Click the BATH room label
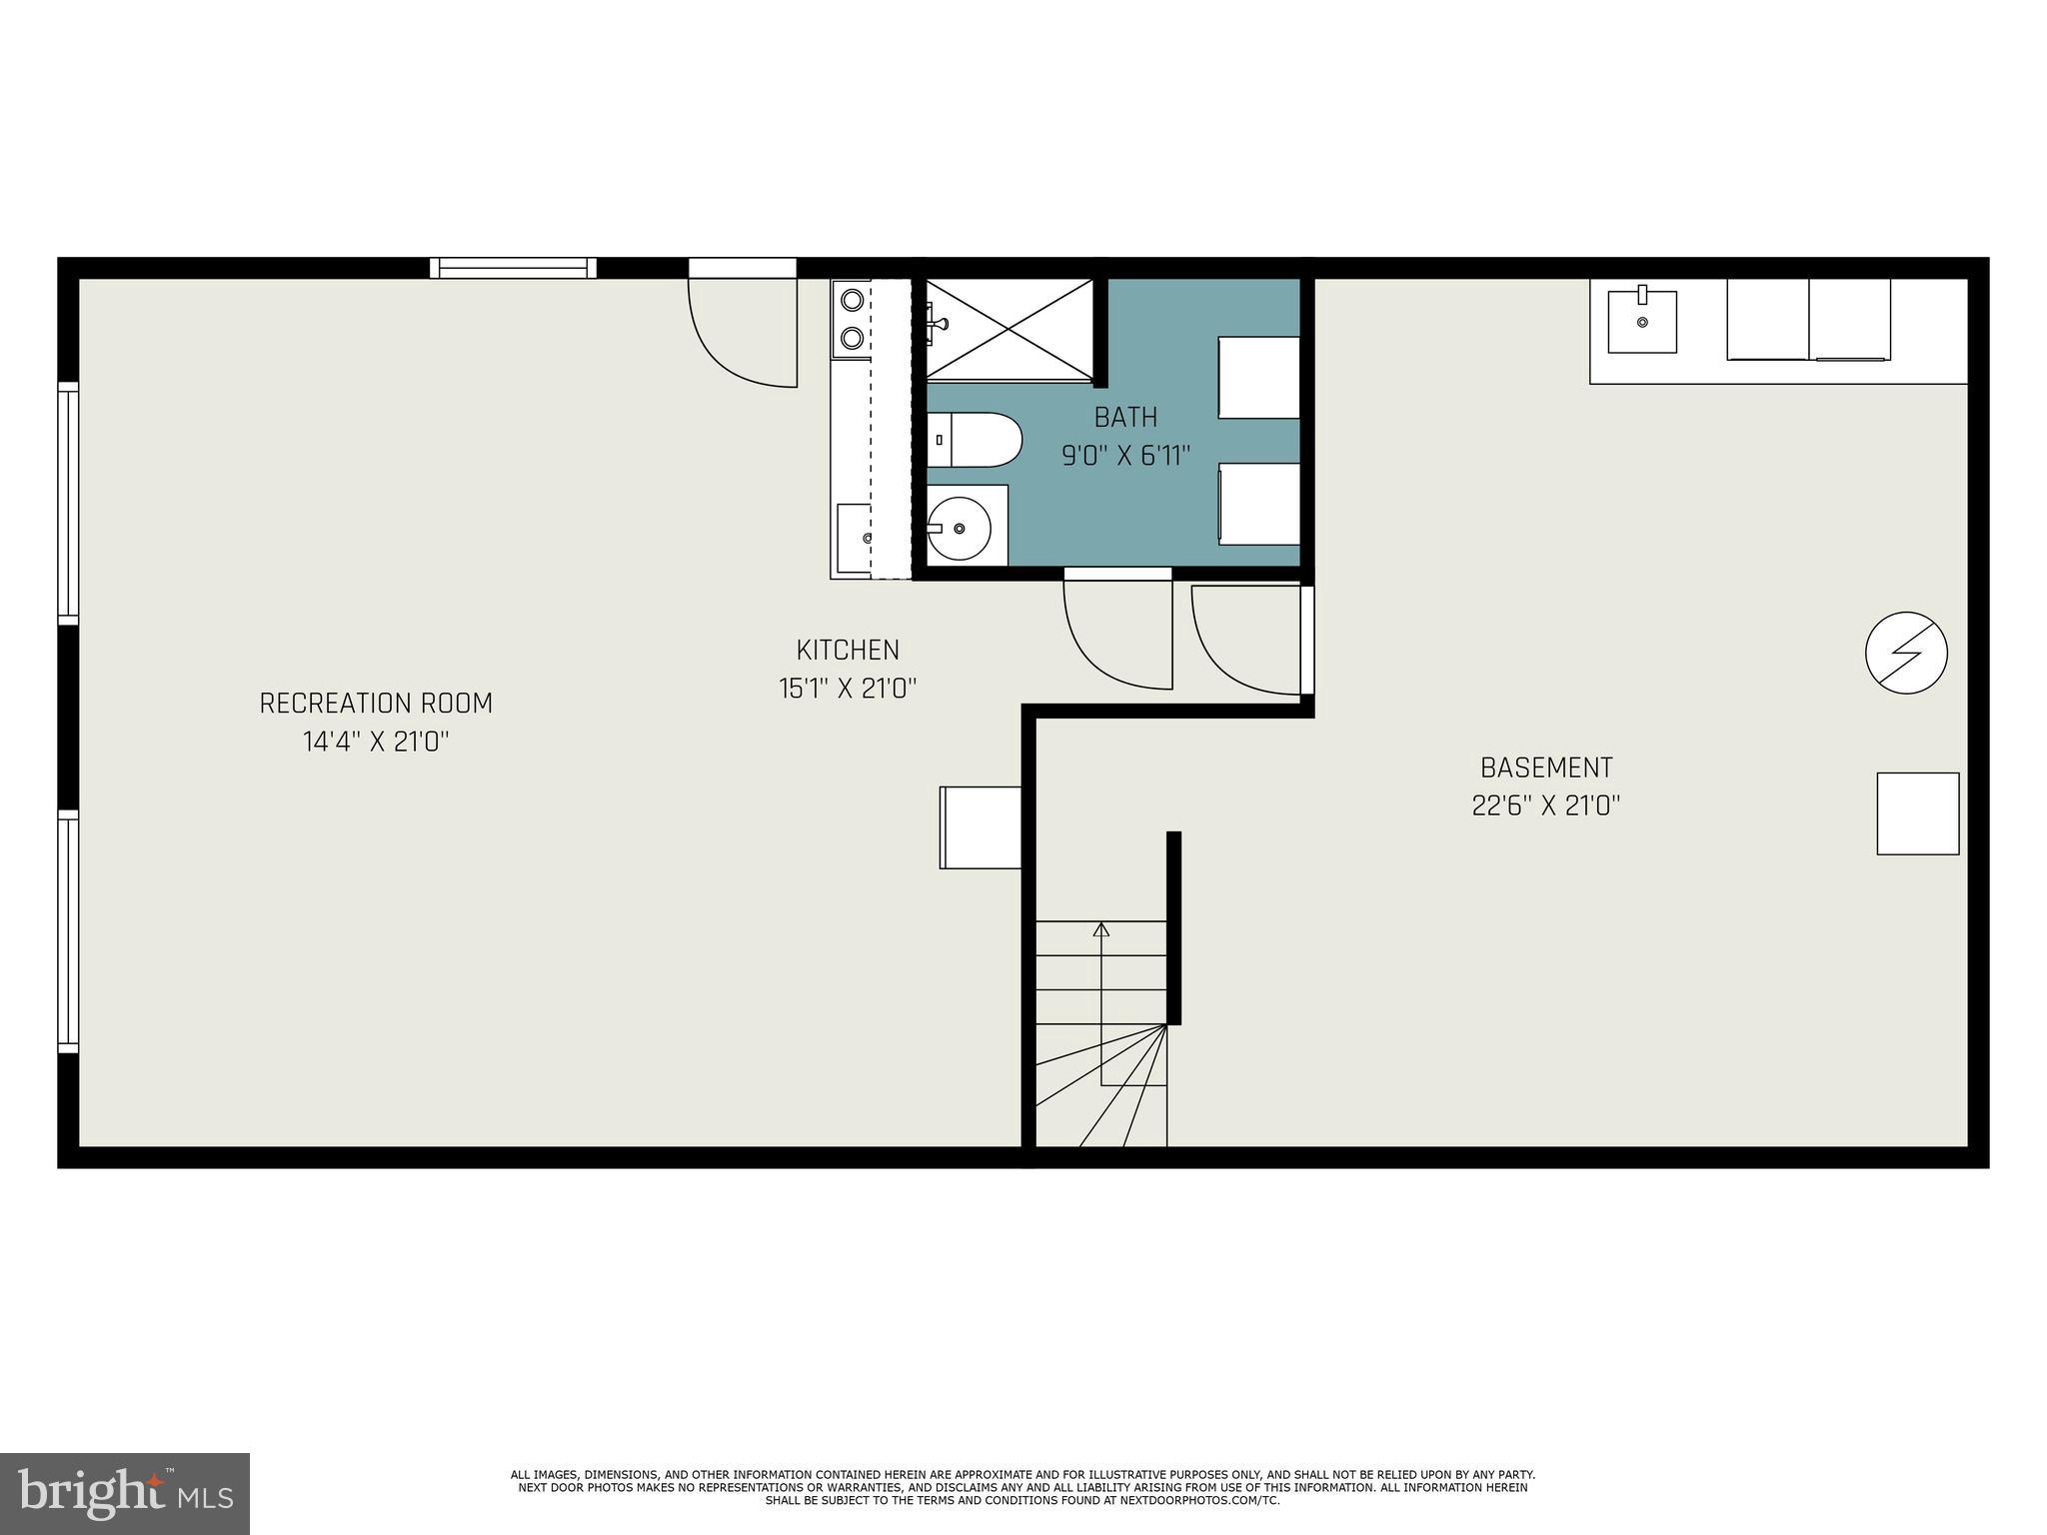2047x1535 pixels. pyautogui.click(x=1125, y=417)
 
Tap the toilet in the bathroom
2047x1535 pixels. pyautogui.click(x=975, y=440)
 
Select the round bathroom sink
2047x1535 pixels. pyautogui.click(x=960, y=527)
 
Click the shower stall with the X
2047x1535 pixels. pyautogui.click(x=1010, y=329)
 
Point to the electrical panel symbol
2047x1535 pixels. pyautogui.click(x=1906, y=653)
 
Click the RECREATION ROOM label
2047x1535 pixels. pyautogui.click(x=376, y=704)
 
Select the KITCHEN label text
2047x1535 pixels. pyautogui.click(x=848, y=651)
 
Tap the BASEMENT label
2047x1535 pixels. pyautogui.click(x=1545, y=767)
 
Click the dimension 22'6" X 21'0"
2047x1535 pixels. pyautogui.click(x=1545, y=806)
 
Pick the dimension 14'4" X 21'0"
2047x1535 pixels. pyautogui.click(x=376, y=743)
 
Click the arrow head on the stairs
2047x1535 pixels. pyautogui.click(x=1101, y=929)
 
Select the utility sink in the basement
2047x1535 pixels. pyautogui.click(x=1641, y=322)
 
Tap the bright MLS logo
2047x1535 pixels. pyautogui.click(x=124, y=1493)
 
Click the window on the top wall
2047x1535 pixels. pyautogui.click(x=513, y=268)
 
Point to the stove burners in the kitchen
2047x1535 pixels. pyautogui.click(x=852, y=319)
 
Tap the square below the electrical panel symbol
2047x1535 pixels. pyautogui.click(x=1917, y=813)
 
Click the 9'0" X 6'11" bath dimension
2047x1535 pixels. pyautogui.click(x=1125, y=457)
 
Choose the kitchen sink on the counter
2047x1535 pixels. pyautogui.click(x=855, y=539)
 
